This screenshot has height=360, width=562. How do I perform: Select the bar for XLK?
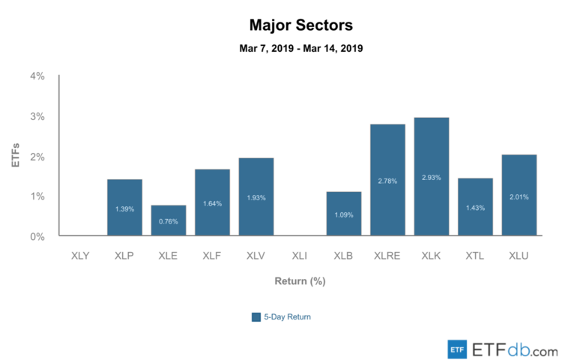point(431,177)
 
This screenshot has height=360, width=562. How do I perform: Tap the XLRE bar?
point(387,180)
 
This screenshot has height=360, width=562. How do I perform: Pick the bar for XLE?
point(168,220)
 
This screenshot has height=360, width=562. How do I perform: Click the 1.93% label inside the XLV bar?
point(256,198)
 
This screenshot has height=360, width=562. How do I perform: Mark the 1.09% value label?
point(344,214)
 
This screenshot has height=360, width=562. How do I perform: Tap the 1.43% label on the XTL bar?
point(475,207)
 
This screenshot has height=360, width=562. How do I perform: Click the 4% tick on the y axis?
point(37,76)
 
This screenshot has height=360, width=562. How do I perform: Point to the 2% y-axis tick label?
point(37,156)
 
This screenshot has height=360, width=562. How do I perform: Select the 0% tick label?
point(37,236)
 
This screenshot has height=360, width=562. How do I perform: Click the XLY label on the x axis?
point(80,256)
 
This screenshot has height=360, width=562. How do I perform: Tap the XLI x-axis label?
point(300,256)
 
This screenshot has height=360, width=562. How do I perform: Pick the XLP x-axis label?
point(124,256)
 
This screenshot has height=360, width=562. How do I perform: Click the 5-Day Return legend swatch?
point(256,316)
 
